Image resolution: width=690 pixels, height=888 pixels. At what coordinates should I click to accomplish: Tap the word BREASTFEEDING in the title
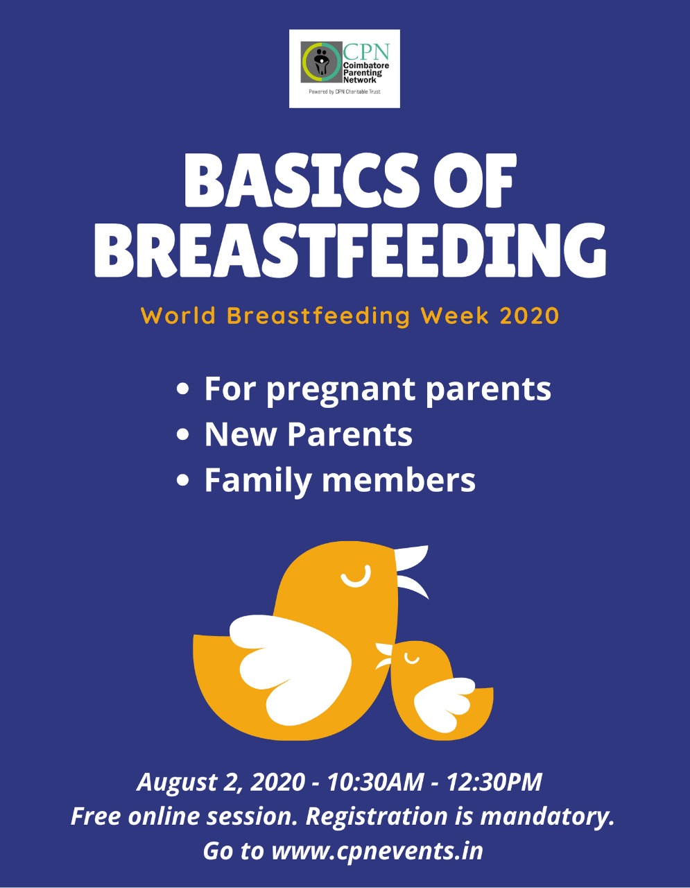[x=350, y=250]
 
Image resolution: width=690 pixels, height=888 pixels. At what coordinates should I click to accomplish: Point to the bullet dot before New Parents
[x=183, y=434]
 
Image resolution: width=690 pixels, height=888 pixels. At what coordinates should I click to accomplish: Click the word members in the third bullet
[x=399, y=480]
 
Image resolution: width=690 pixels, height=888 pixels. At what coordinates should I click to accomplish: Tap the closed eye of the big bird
[x=356, y=577]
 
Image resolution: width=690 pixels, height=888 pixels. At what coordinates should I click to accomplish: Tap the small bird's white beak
[x=383, y=657]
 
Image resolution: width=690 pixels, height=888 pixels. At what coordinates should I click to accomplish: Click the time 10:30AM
[x=376, y=782]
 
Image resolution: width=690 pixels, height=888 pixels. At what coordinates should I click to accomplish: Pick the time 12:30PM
[x=494, y=782]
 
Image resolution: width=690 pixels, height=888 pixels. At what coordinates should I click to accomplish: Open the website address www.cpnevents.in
[x=377, y=851]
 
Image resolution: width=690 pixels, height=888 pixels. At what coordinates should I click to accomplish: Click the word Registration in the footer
[x=376, y=817]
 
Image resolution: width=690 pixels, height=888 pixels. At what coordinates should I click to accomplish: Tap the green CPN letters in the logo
[x=366, y=51]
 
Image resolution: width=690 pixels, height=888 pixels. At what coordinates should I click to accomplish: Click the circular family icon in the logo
[x=322, y=62]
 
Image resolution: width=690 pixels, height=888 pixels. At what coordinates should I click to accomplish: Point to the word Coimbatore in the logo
[x=366, y=65]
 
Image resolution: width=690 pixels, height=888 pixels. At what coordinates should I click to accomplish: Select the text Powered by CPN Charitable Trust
[x=345, y=92]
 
